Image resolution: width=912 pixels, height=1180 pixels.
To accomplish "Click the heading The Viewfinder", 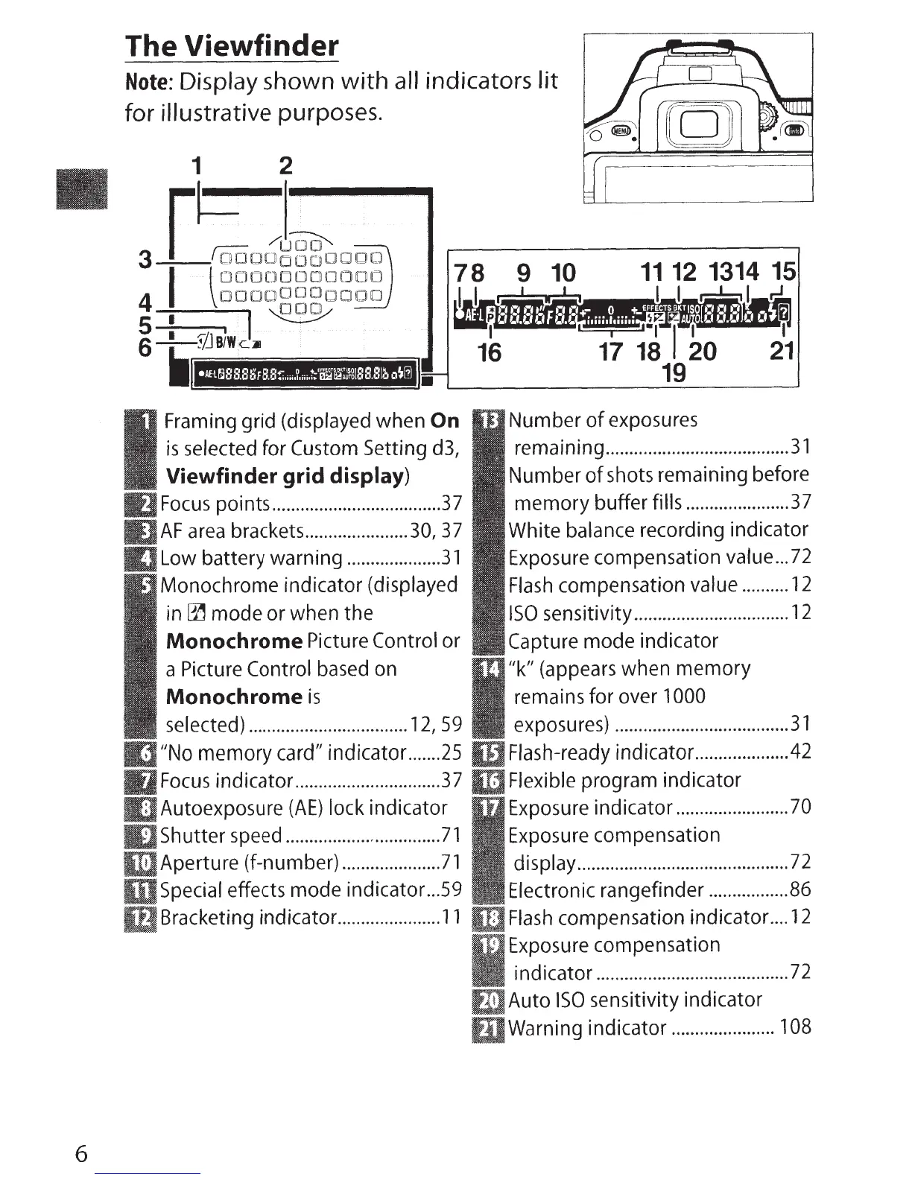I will pyautogui.click(x=231, y=46).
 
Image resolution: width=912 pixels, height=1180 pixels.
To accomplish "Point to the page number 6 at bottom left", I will pyautogui.click(x=81, y=1154).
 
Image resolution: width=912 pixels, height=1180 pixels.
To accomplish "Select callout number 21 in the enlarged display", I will pyautogui.click(x=781, y=350).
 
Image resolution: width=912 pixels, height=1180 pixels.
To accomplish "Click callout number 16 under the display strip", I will pyautogui.click(x=490, y=352).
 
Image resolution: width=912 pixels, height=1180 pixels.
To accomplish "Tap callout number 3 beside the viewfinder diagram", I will pyautogui.click(x=146, y=260).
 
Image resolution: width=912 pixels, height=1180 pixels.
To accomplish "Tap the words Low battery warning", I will pyautogui.click(x=251, y=558).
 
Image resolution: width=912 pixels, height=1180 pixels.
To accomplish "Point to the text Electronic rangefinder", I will pyautogui.click(x=606, y=890).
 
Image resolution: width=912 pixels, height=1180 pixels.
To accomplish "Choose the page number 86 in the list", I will pyautogui.click(x=800, y=890).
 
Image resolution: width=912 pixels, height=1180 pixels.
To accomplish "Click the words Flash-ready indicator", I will pyautogui.click(x=601, y=752).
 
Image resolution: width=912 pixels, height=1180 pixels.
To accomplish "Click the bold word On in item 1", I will pyautogui.click(x=445, y=421).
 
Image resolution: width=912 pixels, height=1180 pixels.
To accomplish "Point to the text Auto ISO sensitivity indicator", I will pyautogui.click(x=635, y=1000).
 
